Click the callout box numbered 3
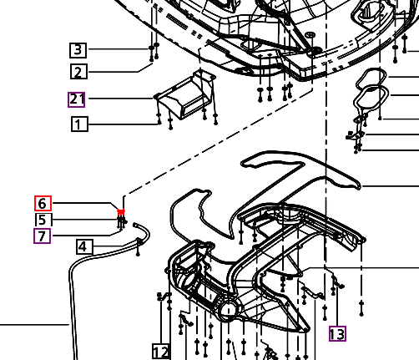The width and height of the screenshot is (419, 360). (x=78, y=49)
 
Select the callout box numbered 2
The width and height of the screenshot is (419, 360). (x=78, y=72)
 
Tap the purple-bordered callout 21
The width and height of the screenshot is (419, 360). (x=77, y=99)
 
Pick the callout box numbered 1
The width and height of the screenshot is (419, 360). (x=78, y=125)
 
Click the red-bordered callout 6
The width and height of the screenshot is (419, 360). (x=43, y=203)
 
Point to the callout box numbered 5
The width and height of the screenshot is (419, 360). (x=43, y=220)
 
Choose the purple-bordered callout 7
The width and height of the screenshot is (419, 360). (x=43, y=236)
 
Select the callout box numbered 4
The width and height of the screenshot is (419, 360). (x=83, y=246)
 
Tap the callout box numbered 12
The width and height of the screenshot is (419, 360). (x=161, y=351)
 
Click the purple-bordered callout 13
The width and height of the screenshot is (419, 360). (x=337, y=334)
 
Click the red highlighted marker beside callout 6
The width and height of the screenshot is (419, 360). (x=122, y=212)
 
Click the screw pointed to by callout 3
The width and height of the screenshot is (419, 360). (x=154, y=49)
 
